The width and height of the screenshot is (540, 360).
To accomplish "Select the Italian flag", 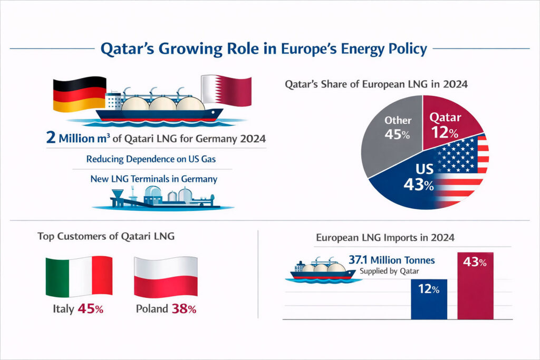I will (x=79, y=277).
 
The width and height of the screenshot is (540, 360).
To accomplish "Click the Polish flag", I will (x=166, y=277).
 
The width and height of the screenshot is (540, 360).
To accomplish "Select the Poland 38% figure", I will (x=184, y=309).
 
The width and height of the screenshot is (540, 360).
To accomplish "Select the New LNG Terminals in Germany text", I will (x=154, y=179).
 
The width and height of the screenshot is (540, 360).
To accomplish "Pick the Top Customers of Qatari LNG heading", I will (x=106, y=237).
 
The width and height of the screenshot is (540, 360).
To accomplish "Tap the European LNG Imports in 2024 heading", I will (x=385, y=238).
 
